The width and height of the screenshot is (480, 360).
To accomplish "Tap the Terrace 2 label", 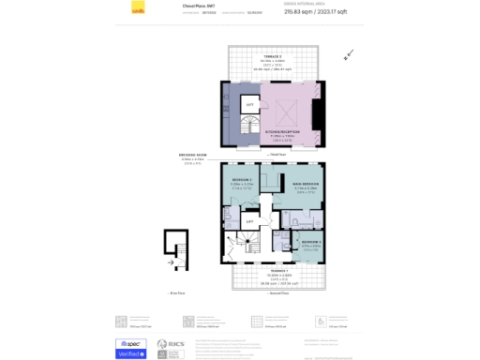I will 273,60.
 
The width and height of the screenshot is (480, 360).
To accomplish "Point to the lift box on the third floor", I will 250,106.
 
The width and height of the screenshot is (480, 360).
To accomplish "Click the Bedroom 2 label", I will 243,182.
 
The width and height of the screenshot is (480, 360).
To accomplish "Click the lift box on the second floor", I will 249,221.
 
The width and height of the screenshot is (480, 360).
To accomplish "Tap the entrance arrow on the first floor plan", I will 171,262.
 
